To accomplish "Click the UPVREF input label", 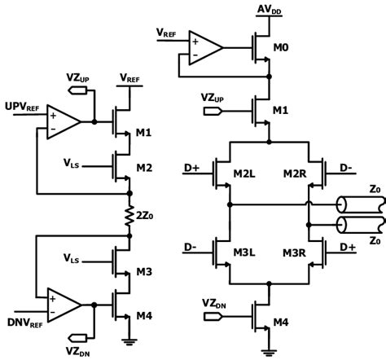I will click(x=20, y=107).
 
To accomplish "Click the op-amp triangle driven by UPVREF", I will click(x=62, y=121).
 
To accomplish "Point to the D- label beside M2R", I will click(x=347, y=168).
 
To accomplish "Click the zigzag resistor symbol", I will click(x=130, y=215).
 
